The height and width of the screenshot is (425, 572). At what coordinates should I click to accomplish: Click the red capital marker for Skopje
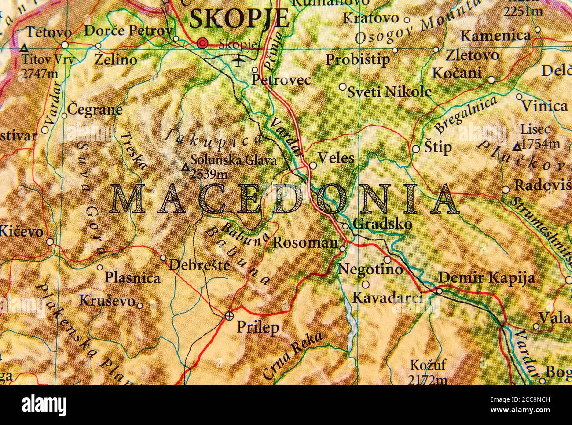coord(202,43)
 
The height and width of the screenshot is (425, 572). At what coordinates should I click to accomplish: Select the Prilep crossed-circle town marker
coord(229,315)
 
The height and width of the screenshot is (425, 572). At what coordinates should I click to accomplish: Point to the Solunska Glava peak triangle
coord(186,167)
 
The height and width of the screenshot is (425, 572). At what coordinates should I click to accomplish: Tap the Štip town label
coord(438,148)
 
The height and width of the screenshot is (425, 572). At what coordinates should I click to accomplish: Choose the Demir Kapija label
coord(487,278)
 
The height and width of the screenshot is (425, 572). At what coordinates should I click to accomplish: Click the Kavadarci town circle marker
coord(365,285)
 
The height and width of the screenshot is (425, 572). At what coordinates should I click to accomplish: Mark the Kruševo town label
coord(107,301)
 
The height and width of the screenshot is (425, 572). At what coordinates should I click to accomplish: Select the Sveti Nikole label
coord(389,92)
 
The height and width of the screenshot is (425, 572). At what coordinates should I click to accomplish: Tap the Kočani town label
coord(457,73)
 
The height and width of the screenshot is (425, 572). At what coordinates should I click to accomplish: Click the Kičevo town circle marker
coord(50,242)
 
